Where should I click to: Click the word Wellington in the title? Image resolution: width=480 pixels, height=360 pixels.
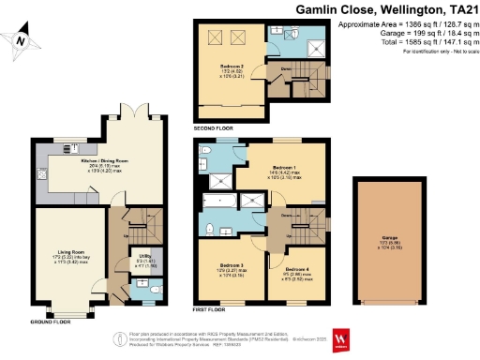(x=388, y=8)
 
